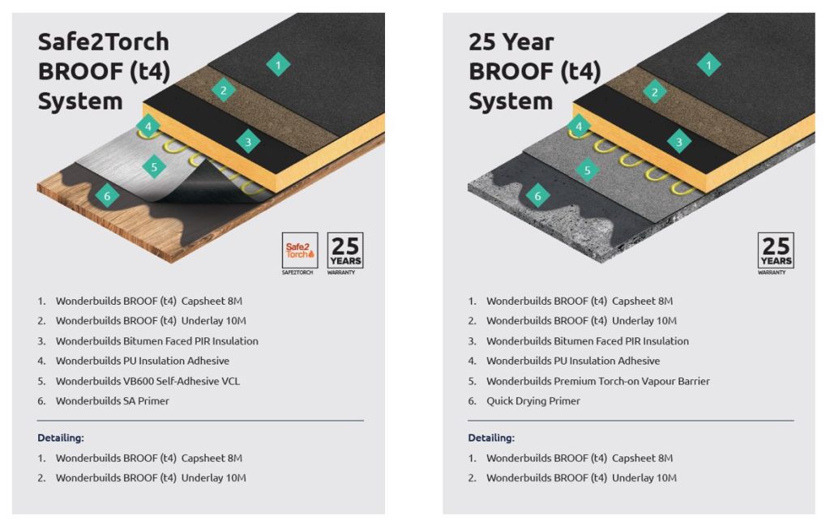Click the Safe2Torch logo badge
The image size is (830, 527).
coord(299,251)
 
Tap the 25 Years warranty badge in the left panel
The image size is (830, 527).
coord(345,251)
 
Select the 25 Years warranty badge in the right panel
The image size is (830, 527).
coord(776,251)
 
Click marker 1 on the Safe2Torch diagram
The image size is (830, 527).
coord(278,65)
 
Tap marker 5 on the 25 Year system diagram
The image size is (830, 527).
coord(587,170)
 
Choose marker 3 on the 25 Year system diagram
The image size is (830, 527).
coord(679,142)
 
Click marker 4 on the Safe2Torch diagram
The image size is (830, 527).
coord(148,126)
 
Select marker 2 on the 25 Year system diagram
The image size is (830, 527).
coord(654,92)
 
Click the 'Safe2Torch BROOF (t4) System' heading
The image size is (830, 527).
coord(104,71)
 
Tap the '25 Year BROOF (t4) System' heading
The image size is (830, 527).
coord(535,71)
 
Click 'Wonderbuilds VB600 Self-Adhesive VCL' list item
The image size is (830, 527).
coord(148,381)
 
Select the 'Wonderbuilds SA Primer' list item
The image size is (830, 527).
coord(112,401)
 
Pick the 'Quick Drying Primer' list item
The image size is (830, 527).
coord(533,401)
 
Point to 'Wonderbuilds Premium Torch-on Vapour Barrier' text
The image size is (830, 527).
coord(597,381)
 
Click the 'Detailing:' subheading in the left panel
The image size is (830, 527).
coord(61,438)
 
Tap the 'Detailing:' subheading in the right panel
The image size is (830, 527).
coord(491,438)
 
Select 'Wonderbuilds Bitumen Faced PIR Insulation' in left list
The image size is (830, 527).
coord(156,341)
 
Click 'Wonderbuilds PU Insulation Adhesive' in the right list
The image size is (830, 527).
coord(572,361)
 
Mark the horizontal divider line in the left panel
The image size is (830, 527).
coord(200,421)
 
